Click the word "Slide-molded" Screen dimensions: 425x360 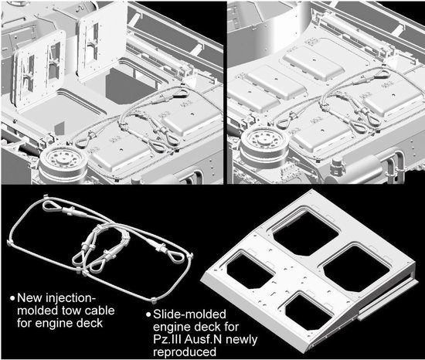[x=189, y=314]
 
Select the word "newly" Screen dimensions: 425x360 [x=242, y=340]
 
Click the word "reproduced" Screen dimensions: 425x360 [x=185, y=352]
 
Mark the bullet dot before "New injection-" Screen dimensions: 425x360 [x=12, y=298]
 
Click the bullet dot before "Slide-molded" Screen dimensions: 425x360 [x=148, y=314]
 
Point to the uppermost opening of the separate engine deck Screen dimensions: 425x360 [x=305, y=233]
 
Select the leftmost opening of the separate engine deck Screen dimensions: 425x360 [x=250, y=271]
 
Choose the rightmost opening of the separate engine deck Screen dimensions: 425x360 [x=357, y=269]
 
